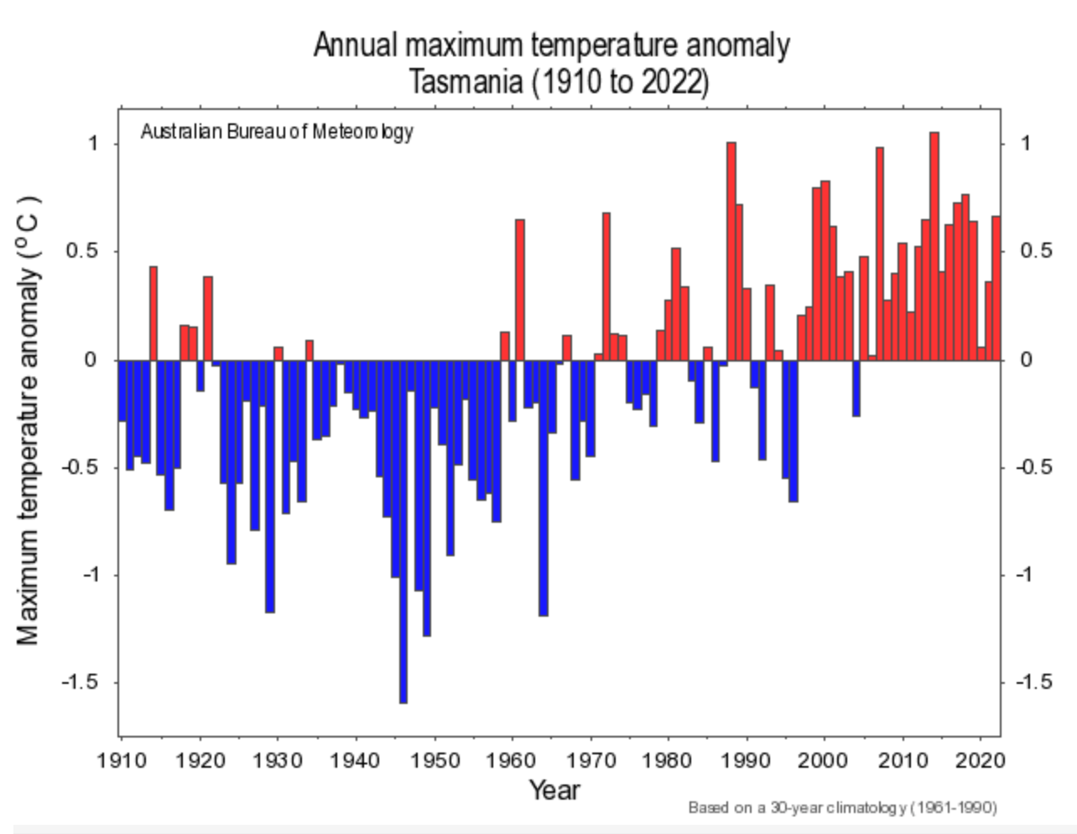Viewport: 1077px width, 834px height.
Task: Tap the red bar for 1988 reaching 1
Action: [731, 251]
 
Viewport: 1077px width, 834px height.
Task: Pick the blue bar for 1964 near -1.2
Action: [544, 487]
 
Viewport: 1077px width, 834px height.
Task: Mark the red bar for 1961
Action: [520, 289]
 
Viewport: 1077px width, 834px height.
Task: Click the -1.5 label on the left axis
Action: [79, 682]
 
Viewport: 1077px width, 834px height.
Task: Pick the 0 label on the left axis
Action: [92, 360]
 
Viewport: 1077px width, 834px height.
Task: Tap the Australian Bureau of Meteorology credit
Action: [277, 132]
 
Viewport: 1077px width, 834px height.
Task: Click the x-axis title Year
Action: [554, 790]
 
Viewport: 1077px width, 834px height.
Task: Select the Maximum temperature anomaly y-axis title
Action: [29, 420]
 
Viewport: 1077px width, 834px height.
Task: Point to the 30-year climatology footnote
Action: [842, 808]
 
